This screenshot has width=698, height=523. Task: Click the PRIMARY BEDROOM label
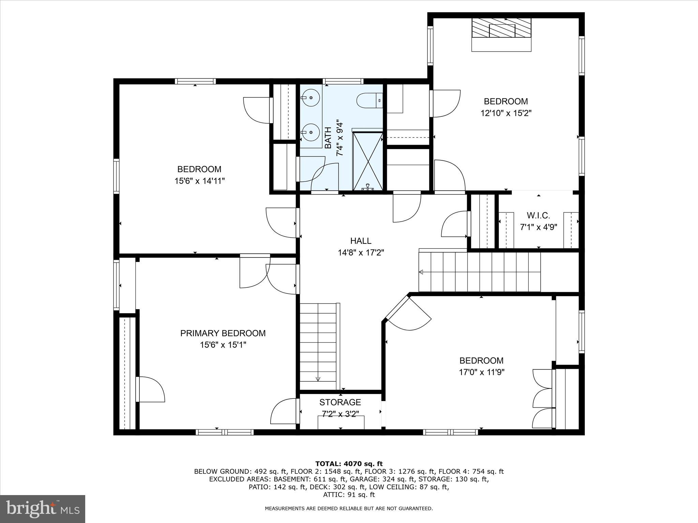point(223,333)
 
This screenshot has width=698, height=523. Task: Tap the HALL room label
point(361,241)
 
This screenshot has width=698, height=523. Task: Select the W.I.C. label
point(538,216)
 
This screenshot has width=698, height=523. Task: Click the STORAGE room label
point(340,402)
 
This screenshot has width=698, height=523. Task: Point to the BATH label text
point(328,138)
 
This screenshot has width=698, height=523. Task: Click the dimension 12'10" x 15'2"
point(506,113)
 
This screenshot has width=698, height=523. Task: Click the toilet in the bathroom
point(369,100)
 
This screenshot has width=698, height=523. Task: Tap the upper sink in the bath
point(310,98)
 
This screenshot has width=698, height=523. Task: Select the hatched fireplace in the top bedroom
point(501,28)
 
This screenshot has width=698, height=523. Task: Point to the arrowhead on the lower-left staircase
point(318,379)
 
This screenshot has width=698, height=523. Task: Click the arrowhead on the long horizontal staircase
point(421,272)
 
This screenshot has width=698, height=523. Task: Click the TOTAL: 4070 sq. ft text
point(349,464)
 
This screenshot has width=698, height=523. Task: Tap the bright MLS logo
point(43,509)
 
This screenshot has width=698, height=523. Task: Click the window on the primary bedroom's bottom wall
point(225,432)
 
